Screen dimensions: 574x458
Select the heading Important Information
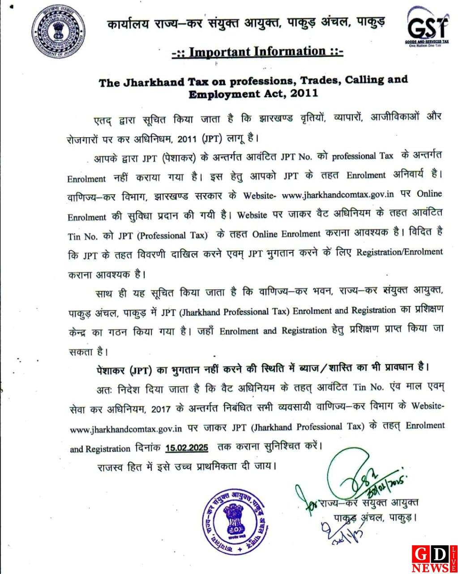[257, 52]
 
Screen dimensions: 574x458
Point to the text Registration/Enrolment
[399, 252]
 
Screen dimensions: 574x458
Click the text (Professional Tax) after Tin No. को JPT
[175, 235]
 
